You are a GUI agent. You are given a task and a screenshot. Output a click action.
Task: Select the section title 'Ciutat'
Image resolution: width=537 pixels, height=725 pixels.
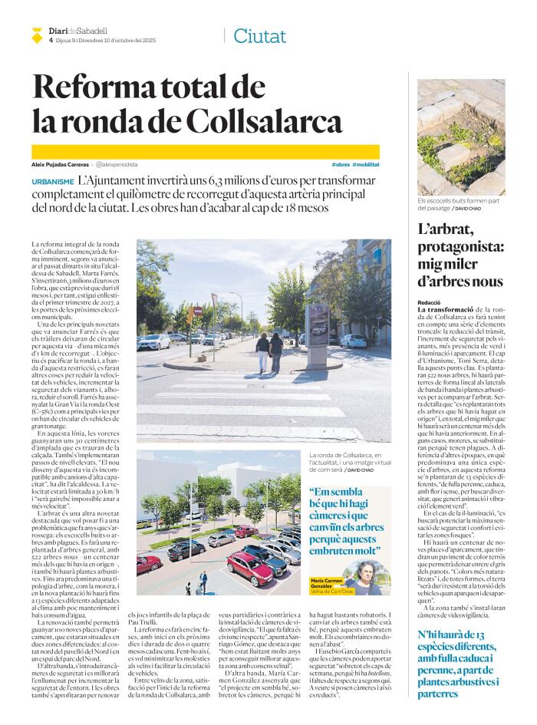pos(259,35)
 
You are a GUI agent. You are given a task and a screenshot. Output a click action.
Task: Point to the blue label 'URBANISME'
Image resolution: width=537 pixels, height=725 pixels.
pos(53,180)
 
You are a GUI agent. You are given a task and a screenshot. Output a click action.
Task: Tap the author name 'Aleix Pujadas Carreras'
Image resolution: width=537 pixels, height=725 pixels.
pos(60,165)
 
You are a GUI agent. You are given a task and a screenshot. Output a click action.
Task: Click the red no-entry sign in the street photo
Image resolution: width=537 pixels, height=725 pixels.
pos(198,311)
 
